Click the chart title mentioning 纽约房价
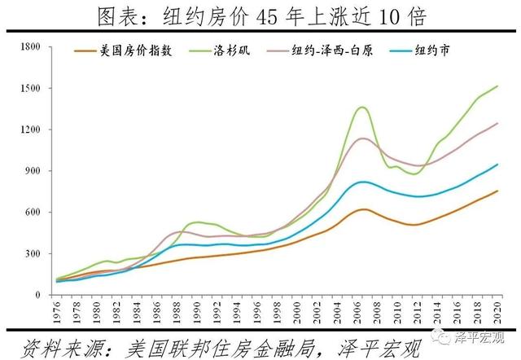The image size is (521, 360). [260, 15]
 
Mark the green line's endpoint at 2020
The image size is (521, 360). [497, 86]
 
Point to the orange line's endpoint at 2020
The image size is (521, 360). [497, 191]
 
